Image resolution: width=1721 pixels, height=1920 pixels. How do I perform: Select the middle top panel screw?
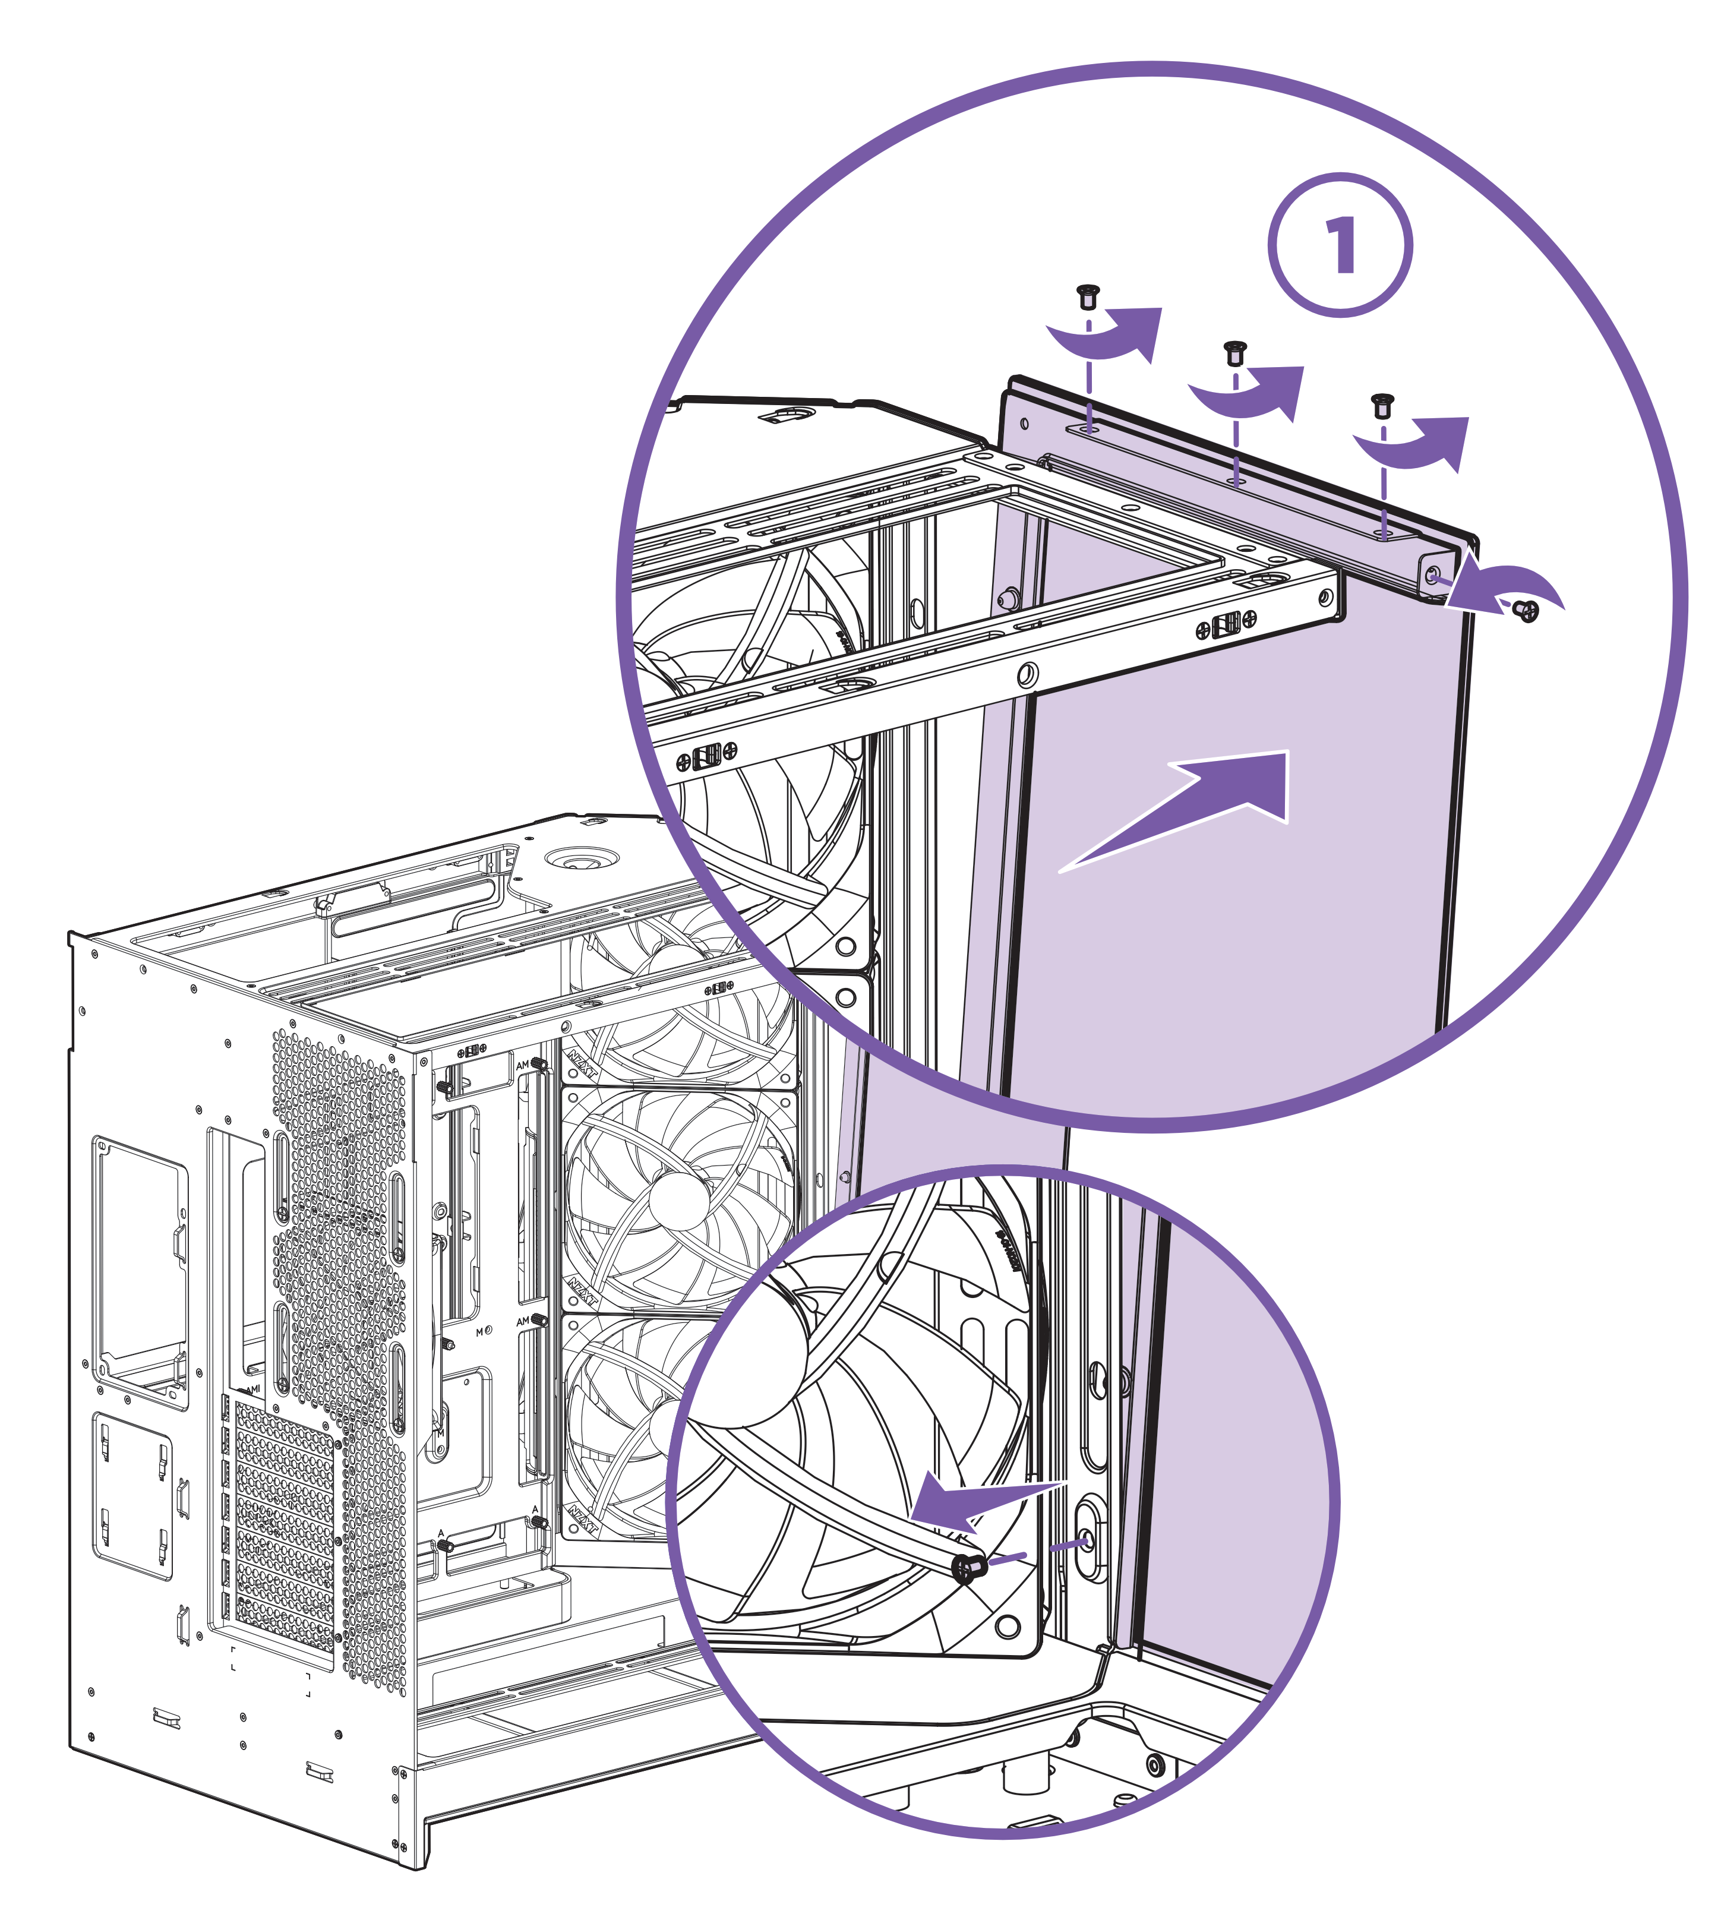tap(1234, 353)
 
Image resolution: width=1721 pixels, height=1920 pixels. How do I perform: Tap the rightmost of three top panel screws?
tap(1382, 406)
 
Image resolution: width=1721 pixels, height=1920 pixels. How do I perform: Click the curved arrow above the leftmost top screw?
tap(1111, 336)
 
